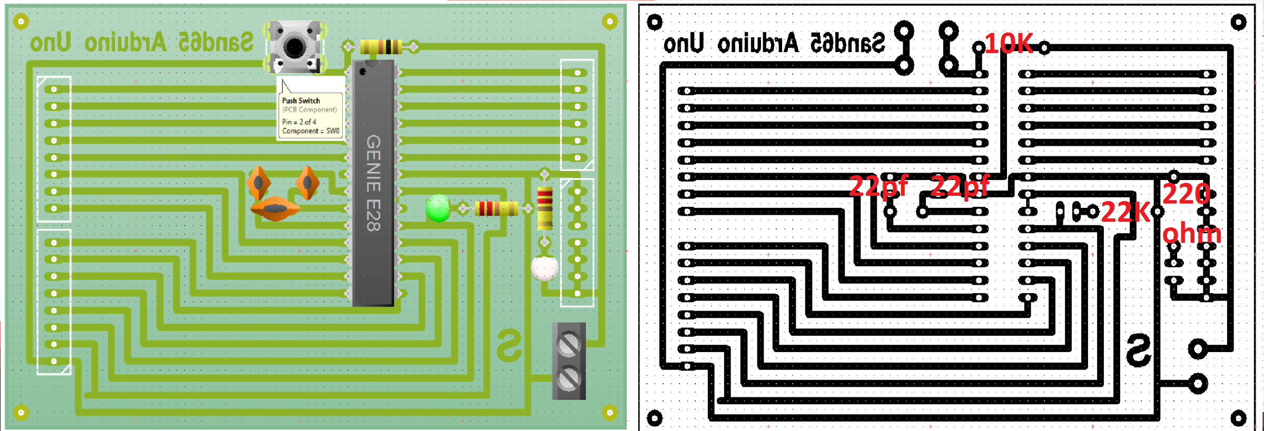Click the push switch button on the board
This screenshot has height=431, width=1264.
[294, 47]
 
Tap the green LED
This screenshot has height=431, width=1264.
[438, 208]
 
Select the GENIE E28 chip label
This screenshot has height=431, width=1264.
[373, 183]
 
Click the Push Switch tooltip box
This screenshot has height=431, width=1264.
[311, 108]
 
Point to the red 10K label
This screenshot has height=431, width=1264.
[1008, 44]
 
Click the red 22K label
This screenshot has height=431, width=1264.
[1125, 212]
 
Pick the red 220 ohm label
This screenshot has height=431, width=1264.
[1190, 214]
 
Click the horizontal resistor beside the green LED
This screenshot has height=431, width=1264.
[495, 208]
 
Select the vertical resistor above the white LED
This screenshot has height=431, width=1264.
[545, 208]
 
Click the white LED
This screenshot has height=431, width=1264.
[545, 268]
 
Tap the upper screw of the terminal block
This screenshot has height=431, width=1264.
[569, 345]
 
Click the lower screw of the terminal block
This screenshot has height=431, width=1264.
[569, 378]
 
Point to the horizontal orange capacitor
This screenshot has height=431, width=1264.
[275, 209]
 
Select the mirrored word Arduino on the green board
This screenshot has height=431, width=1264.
[126, 43]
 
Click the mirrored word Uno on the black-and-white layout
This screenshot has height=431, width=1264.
[683, 43]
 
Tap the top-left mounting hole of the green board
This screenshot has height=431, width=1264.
[21, 22]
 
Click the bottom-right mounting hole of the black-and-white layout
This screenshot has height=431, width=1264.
[1238, 419]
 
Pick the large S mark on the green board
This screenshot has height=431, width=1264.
[509, 345]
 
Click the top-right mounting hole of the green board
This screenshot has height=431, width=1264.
[609, 22]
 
